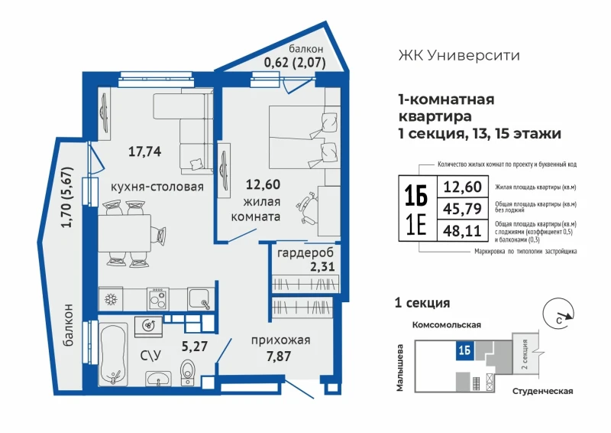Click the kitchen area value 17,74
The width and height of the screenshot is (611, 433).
pyautogui.click(x=144, y=151)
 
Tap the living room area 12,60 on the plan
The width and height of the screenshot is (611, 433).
pyautogui.click(x=263, y=184)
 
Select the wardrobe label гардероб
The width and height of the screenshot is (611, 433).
pyautogui.click(x=305, y=253)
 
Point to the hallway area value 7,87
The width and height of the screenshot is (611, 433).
pyautogui.click(x=279, y=356)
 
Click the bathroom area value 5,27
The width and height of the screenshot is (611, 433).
pyautogui.click(x=195, y=346)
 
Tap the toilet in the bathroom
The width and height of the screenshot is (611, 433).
pyautogui.click(x=188, y=372)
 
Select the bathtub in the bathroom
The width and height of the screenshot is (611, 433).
pyautogui.click(x=113, y=353)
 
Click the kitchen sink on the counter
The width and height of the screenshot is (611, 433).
pyautogui.click(x=200, y=299)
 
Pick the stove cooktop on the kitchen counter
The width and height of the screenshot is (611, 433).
pyautogui.click(x=158, y=299)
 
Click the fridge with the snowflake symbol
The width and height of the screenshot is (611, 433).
pyautogui.click(x=111, y=299)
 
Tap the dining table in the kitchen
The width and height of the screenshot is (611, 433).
pyautogui.click(x=124, y=233)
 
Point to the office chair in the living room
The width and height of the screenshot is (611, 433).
pyautogui.click(x=307, y=208)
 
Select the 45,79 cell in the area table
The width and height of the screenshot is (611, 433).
pyautogui.click(x=463, y=209)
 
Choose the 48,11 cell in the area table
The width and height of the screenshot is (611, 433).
pyautogui.click(x=463, y=231)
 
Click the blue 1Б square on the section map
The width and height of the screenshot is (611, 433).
pyautogui.click(x=465, y=350)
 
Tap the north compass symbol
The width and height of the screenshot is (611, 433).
pyautogui.click(x=558, y=314)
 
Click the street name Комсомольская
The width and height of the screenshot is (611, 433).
pyautogui.click(x=447, y=325)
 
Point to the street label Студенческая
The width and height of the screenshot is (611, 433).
pyautogui.click(x=542, y=391)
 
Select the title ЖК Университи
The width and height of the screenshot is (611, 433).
pyautogui.click(x=459, y=55)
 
